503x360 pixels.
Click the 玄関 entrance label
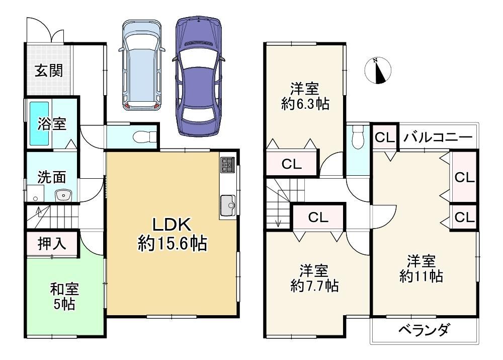[x=49, y=70]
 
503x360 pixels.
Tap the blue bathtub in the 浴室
[x=39, y=123]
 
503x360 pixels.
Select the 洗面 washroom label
[x=52, y=177]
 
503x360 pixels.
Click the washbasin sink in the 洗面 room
[x=63, y=195]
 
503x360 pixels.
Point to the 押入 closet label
[x=52, y=243]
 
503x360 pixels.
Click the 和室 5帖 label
[x=64, y=297]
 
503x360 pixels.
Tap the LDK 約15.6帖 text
[x=172, y=234]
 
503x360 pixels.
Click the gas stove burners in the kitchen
[x=228, y=165]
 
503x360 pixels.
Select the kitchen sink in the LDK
[x=228, y=205]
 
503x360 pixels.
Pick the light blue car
[x=141, y=65]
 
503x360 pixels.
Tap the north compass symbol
[x=378, y=70]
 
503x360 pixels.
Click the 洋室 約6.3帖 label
[x=305, y=96]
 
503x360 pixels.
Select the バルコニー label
[x=438, y=137]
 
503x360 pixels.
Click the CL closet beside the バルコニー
[x=385, y=137]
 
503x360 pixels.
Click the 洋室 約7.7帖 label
[x=314, y=278]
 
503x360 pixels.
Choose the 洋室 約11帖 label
[x=422, y=269]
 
